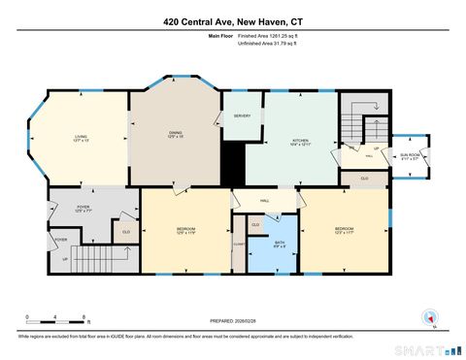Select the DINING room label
click(176, 134)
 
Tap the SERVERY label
click(242, 116)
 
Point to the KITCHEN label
click(300, 142)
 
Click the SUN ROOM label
click(410, 156)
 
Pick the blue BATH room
click(280, 245)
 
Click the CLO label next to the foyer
click(125, 231)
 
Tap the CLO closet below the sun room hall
click(364, 179)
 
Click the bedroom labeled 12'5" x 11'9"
click(185, 231)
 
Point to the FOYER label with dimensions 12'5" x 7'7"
click(83, 208)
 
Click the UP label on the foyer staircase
click(66, 259)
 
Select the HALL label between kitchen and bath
click(264, 201)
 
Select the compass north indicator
click(428, 317)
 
